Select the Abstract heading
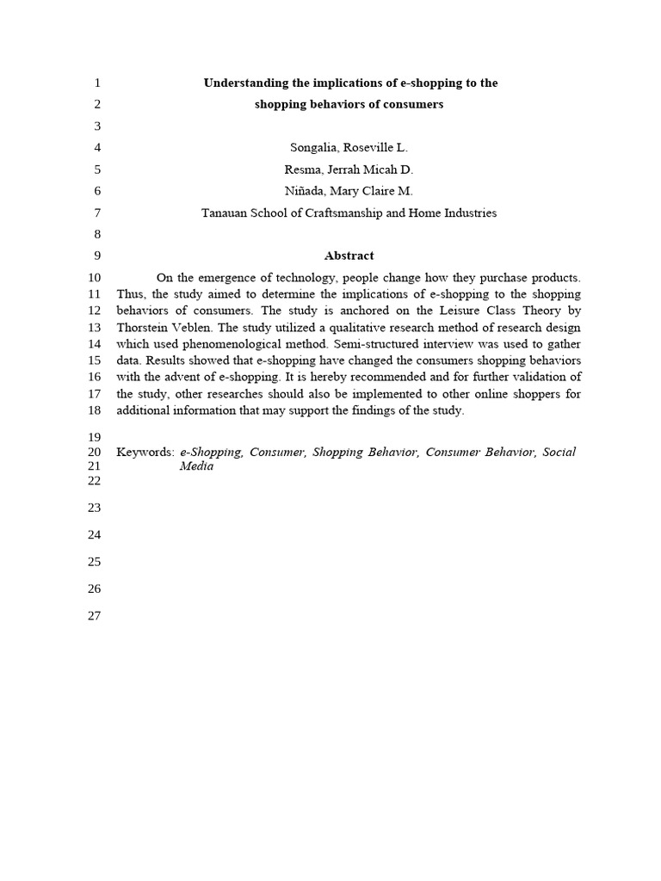349,256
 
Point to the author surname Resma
302,169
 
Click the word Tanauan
226,213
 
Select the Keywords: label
145,452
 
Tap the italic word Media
196,466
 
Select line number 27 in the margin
95,616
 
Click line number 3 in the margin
97,126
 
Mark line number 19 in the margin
95,437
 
